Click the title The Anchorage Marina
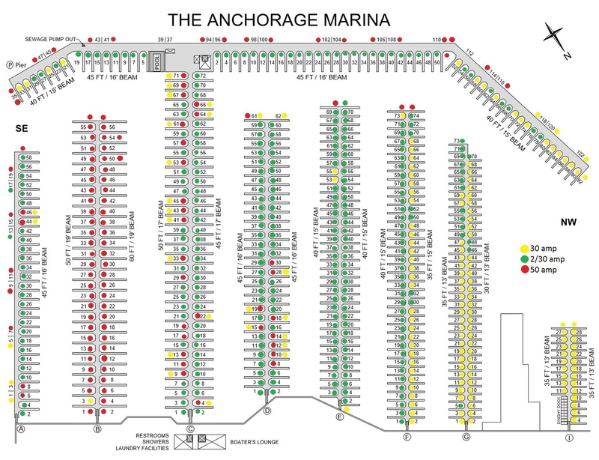coord(299,18)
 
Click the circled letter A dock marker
coord(22,429)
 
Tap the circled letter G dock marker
coord(466,437)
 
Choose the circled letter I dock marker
coord(569,437)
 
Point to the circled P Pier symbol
coord(10,64)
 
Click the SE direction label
coord(22,129)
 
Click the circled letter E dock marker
coord(340,417)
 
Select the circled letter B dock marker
coord(97,429)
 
